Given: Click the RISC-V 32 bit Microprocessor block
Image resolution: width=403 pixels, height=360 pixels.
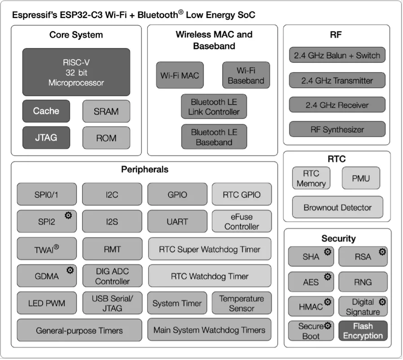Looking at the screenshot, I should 76,72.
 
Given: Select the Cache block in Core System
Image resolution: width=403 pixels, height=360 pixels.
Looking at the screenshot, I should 46,111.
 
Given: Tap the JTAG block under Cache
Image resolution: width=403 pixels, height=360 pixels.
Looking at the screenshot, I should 46,138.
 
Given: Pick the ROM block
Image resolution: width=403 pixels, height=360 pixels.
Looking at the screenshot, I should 106,138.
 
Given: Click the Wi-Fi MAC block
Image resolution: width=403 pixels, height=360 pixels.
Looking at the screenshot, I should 180,75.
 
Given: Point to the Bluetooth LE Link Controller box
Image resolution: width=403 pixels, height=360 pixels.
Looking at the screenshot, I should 214,107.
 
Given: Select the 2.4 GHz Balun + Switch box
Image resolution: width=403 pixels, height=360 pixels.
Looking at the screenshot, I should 337,56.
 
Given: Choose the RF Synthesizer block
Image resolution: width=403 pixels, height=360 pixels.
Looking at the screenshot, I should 337,130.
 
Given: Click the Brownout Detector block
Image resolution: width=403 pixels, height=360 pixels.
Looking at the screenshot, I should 337,207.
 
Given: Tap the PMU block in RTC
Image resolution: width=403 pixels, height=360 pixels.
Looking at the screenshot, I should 361,178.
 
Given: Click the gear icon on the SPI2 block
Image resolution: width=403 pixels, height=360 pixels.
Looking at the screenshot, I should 68,216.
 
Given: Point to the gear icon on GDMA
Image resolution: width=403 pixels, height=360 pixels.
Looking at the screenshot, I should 70,270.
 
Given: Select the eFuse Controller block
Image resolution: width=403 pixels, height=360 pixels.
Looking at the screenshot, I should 241,221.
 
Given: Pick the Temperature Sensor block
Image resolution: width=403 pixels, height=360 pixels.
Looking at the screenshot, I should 241,303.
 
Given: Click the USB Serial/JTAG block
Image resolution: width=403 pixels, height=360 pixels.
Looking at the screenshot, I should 112,303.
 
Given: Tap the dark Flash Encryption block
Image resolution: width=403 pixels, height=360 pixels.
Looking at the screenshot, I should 363,331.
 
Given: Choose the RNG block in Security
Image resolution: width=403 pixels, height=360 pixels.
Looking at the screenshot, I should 363,282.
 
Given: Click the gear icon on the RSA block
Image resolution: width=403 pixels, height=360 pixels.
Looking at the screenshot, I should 382,252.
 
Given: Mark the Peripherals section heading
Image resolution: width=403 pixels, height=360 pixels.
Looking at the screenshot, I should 145,169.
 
